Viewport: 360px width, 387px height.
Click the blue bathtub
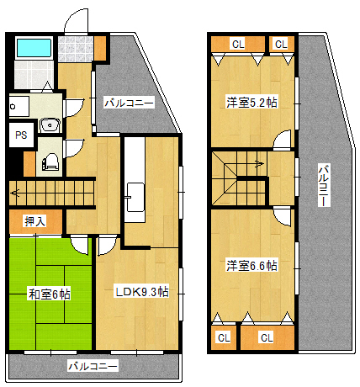point(34,48)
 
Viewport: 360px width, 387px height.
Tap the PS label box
point(21,135)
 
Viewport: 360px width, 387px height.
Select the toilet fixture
point(50,162)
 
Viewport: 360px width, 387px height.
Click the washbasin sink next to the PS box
point(50,125)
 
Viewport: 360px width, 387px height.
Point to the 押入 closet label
point(35,221)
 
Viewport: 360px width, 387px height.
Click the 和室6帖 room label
point(50,294)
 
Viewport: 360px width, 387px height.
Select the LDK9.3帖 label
point(142,292)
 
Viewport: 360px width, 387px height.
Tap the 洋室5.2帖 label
point(251,103)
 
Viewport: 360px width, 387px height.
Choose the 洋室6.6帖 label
point(251,265)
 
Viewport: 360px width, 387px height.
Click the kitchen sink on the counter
point(135,197)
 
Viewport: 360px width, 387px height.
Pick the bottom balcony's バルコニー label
point(93,366)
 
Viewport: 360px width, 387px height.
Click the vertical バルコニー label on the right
point(324,185)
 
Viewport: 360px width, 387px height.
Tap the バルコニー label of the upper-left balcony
point(129,103)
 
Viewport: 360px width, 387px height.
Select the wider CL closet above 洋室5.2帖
point(238,44)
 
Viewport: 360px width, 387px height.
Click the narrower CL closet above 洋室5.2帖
point(282,44)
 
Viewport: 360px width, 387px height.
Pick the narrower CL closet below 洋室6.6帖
point(224,337)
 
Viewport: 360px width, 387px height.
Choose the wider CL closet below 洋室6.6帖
point(267,337)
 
